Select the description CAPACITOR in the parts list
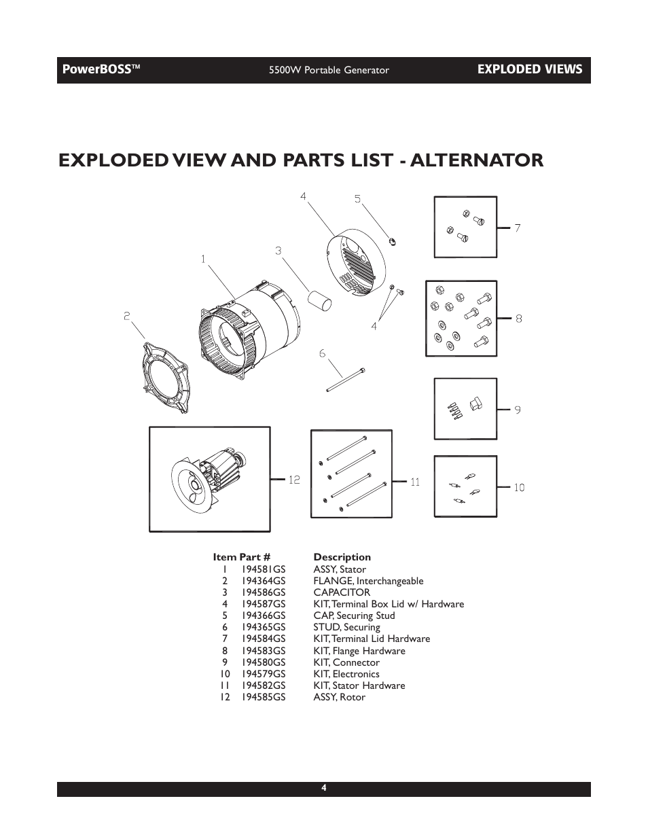pos(342,592)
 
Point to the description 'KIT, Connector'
pos(346,662)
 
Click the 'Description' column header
pos(342,557)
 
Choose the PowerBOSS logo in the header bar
pos(101,69)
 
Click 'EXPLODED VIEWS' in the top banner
pos(529,69)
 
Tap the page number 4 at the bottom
pos(324,788)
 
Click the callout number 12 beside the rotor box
pos(294,480)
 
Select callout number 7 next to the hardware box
pos(517,228)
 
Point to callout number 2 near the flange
pos(127,316)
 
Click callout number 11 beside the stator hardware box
pos(414,482)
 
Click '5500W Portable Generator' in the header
pos(329,70)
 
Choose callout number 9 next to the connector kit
pos(517,410)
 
